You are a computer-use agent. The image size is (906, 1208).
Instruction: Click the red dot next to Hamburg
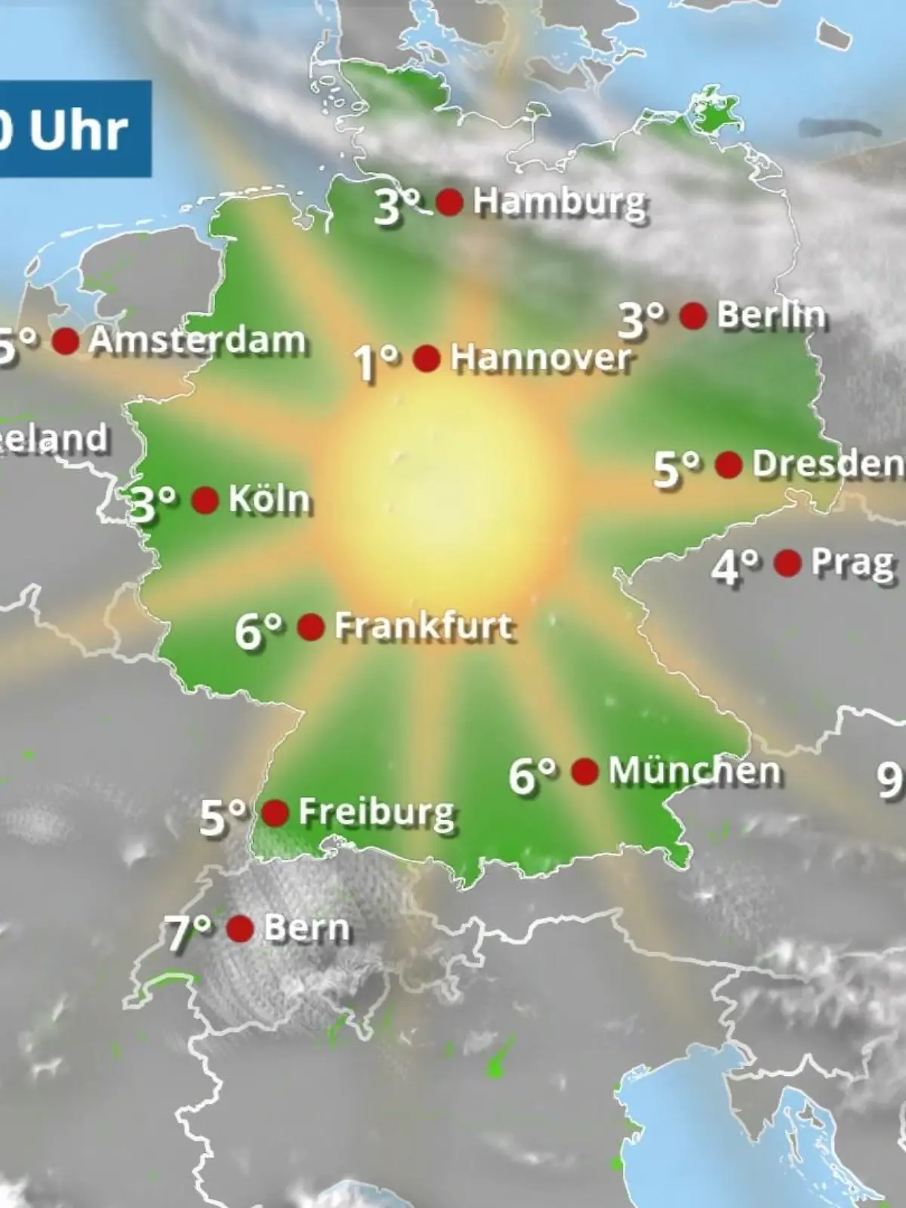pos(449,202)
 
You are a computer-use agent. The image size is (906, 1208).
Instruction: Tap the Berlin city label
pos(770,315)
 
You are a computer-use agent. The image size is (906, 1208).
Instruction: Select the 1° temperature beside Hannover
pos(376,362)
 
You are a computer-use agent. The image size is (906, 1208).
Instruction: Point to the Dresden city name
pos(827,464)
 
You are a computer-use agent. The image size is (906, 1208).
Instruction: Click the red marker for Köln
pos(205,500)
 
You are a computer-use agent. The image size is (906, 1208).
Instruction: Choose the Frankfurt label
pos(424,627)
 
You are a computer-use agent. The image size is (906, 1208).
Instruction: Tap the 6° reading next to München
pos(532,775)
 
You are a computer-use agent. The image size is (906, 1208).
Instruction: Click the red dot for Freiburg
pos(275,813)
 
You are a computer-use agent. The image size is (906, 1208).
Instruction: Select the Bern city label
pos(307,929)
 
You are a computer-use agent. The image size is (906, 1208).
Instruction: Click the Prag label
pos(852,563)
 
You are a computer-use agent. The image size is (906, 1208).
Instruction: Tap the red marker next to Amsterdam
pos(66,341)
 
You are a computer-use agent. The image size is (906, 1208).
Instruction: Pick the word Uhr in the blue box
pos(78,130)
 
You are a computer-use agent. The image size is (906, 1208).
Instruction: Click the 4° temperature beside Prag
pos(735,566)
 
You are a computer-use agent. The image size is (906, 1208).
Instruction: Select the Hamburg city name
pos(559,202)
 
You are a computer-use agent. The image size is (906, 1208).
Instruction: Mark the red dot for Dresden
pos(728,465)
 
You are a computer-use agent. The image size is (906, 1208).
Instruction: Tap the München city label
pos(695,772)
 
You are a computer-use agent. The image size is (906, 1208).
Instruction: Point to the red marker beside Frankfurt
pos(311,627)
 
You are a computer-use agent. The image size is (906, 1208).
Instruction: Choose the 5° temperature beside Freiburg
pos(223,816)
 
